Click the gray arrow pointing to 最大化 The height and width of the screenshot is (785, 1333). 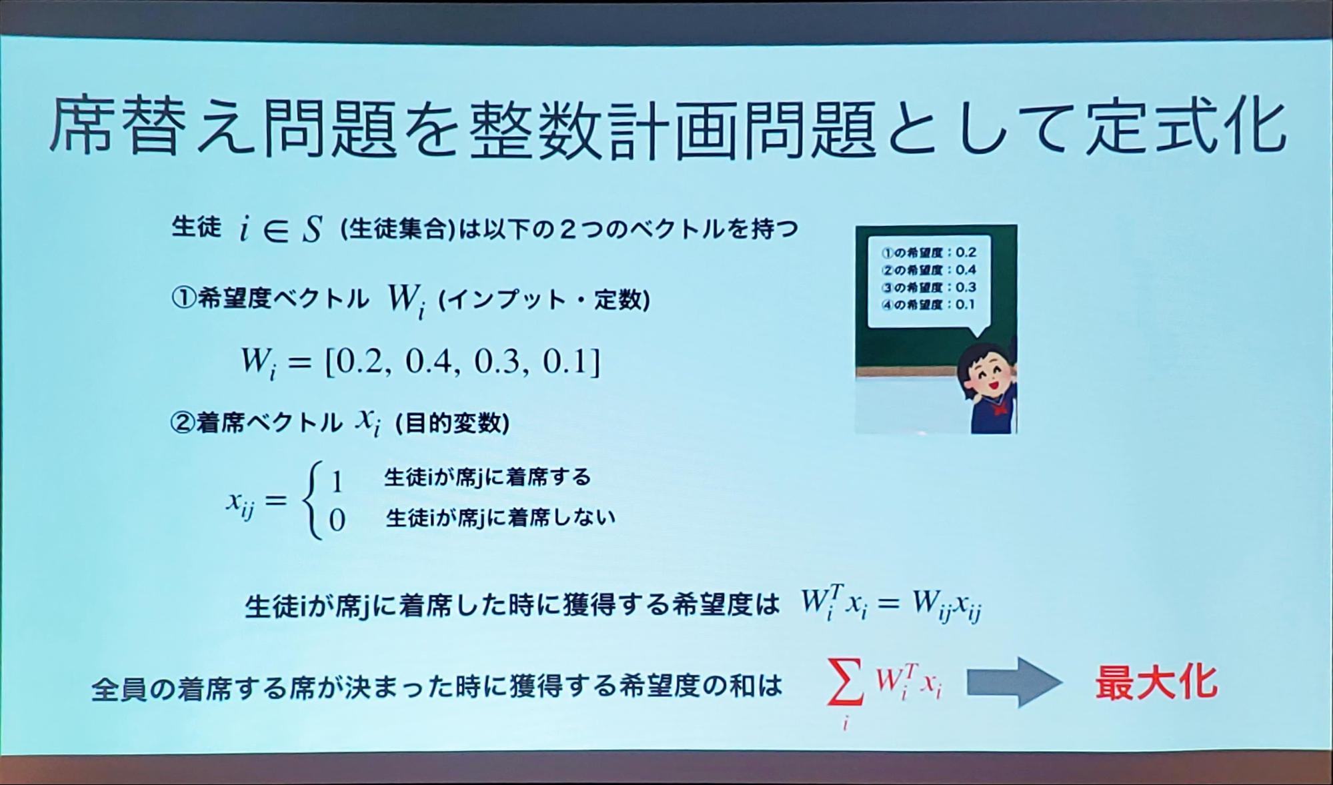(x=1014, y=682)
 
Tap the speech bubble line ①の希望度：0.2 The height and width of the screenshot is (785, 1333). (x=929, y=253)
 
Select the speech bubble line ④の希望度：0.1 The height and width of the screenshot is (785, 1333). (x=928, y=305)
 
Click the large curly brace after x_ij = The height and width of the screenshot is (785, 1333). (x=312, y=500)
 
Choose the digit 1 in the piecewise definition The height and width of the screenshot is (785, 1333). (x=337, y=481)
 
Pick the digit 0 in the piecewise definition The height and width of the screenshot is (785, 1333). (x=337, y=520)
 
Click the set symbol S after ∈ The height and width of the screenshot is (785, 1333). (x=311, y=230)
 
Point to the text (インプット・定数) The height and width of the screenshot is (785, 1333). (x=544, y=300)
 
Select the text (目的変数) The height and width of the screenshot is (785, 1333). (x=452, y=423)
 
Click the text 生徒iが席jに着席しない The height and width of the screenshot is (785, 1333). (x=500, y=517)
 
